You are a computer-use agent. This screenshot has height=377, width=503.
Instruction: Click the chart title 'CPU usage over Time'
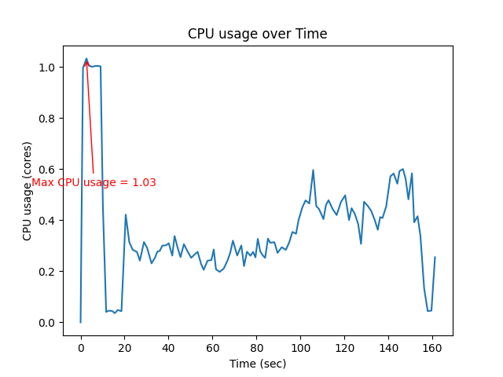pyautogui.click(x=257, y=34)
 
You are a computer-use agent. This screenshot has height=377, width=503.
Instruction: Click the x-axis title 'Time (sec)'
pyautogui.click(x=258, y=364)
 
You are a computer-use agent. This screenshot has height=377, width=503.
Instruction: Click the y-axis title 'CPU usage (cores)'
pyautogui.click(x=28, y=191)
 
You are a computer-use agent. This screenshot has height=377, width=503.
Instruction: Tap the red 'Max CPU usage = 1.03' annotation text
pyautogui.click(x=94, y=182)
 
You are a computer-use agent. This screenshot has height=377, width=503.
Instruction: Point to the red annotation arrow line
pyautogui.click(x=90, y=118)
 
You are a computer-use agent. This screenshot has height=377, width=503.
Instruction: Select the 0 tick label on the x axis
pyautogui.click(x=81, y=346)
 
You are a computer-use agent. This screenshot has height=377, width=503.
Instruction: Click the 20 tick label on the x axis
pyautogui.click(x=125, y=346)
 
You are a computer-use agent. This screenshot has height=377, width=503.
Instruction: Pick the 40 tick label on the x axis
pyautogui.click(x=169, y=346)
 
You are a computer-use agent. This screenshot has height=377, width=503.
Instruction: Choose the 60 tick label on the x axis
pyautogui.click(x=213, y=346)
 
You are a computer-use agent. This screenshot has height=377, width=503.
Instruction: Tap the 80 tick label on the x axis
pyautogui.click(x=257, y=346)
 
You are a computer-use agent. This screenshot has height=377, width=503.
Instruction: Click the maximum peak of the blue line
pyautogui.click(x=86, y=59)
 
